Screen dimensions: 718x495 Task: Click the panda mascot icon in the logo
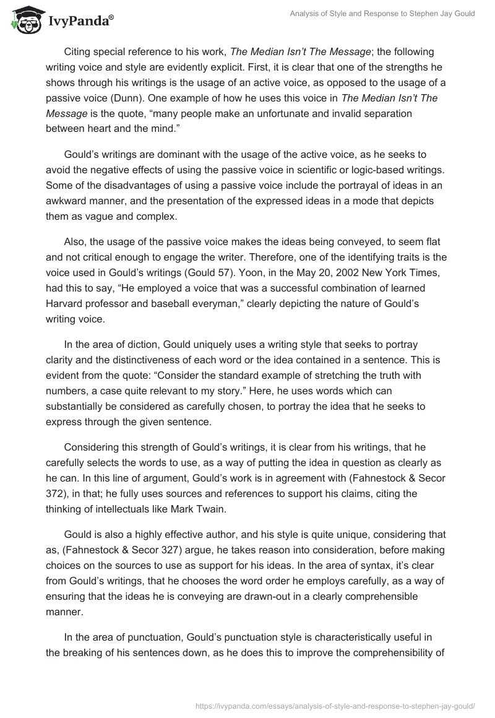[x=23, y=19]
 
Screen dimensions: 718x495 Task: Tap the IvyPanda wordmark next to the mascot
[x=79, y=21]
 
